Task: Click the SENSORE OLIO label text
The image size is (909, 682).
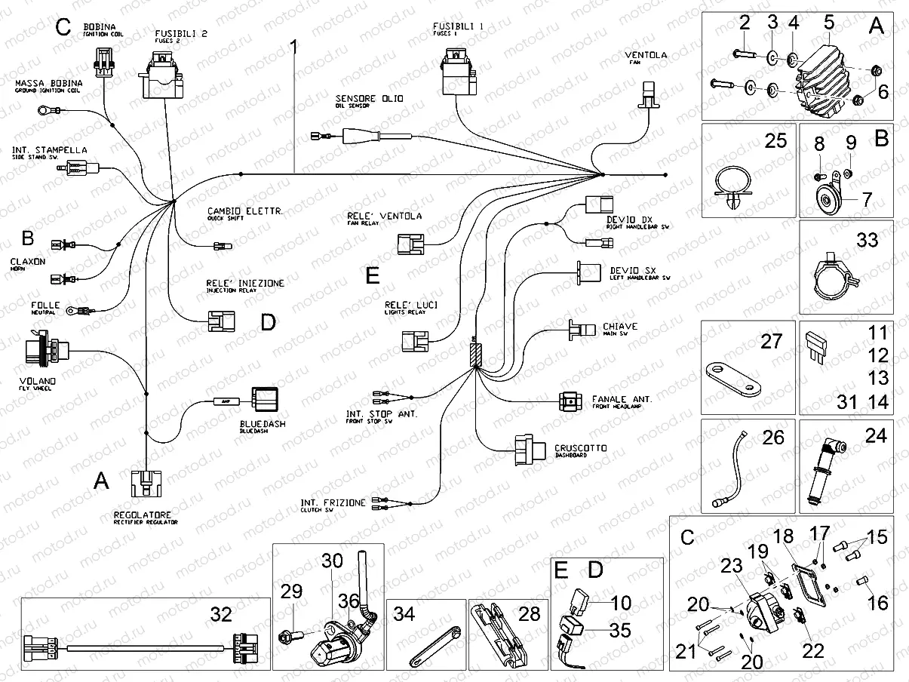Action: pos(370,99)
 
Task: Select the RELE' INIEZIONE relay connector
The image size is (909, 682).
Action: pos(217,324)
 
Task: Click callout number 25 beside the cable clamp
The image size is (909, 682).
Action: pos(775,140)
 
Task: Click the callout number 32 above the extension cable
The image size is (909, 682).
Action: pos(220,615)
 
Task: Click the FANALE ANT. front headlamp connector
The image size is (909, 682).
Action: pos(570,402)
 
